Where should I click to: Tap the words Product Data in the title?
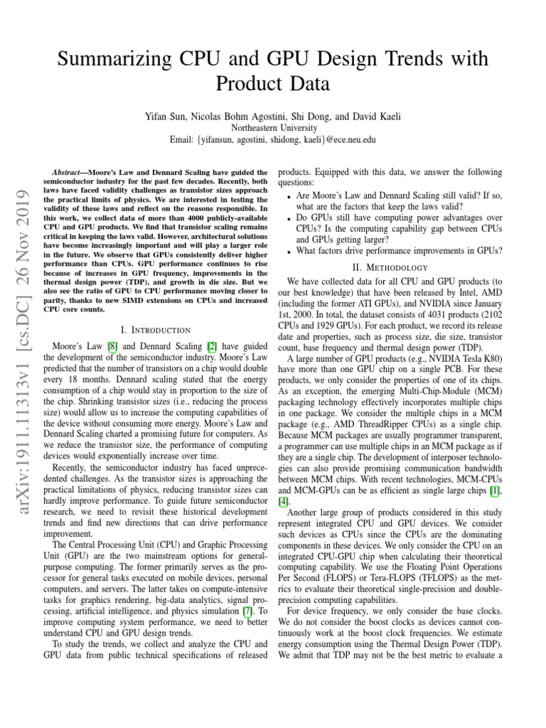pos(273,85)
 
